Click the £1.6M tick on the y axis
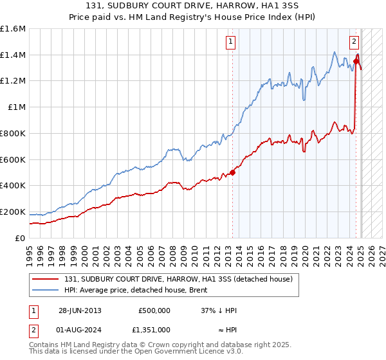tap(12, 29)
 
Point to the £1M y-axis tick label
tap(16, 107)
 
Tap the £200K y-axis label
tap(12, 212)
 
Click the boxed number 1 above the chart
tap(230, 42)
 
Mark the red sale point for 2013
tap(232, 172)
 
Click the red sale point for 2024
tap(356, 61)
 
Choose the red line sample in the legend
tap(46, 279)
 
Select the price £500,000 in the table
tap(154, 310)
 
